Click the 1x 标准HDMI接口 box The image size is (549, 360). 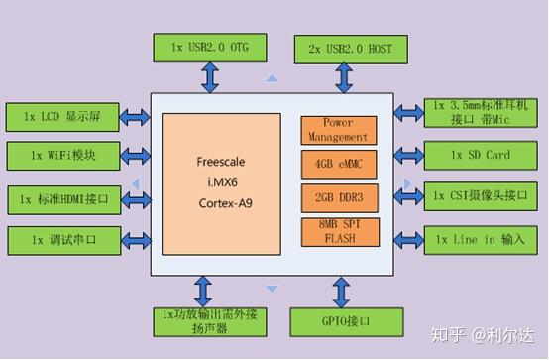point(64,198)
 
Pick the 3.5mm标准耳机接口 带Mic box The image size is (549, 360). point(481,112)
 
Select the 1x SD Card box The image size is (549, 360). point(481,156)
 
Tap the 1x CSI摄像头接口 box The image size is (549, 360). point(481,196)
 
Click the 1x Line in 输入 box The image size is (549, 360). point(481,240)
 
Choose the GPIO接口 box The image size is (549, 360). point(344,321)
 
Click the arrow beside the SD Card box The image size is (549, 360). point(408,156)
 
